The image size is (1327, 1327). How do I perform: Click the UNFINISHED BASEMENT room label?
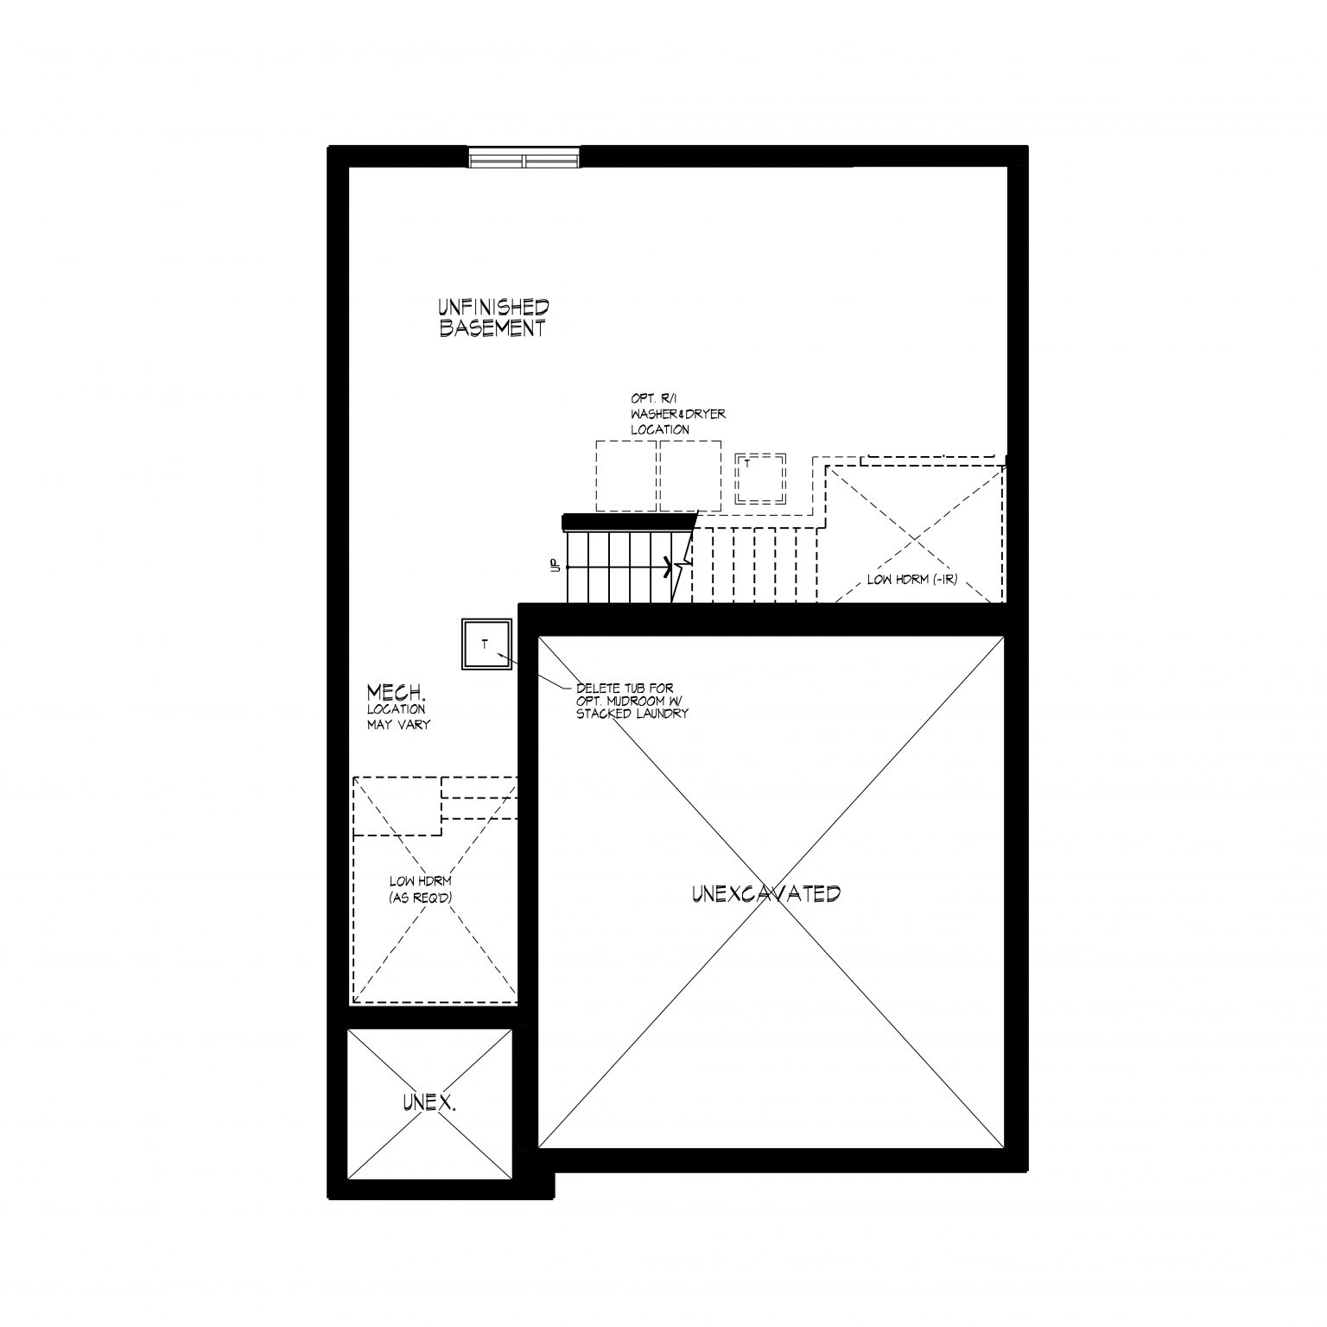[x=492, y=317]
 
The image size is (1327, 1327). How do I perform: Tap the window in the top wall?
[x=524, y=158]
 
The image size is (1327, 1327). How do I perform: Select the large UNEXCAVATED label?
[x=766, y=893]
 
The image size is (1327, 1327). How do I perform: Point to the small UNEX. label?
[x=429, y=1102]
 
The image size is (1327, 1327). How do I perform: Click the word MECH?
[x=397, y=693]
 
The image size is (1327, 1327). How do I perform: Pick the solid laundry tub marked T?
[x=486, y=644]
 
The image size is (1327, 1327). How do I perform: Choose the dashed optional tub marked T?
[x=760, y=478]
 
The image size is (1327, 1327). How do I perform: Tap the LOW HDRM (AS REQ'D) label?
[x=421, y=889]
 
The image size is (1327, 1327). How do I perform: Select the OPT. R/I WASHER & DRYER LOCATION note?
[x=678, y=415]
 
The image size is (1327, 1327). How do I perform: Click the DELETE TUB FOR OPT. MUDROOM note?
[x=632, y=701]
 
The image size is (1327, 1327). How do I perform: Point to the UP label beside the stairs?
[x=554, y=566]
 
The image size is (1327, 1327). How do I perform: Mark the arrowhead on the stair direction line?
[x=668, y=567]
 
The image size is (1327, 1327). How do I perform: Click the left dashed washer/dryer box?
[x=626, y=475]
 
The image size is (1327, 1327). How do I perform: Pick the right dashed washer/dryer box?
[x=690, y=475]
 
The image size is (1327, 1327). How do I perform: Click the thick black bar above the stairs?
[x=629, y=522]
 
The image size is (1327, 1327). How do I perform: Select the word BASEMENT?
[x=492, y=328]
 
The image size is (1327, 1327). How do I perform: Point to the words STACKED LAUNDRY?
[x=632, y=714]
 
